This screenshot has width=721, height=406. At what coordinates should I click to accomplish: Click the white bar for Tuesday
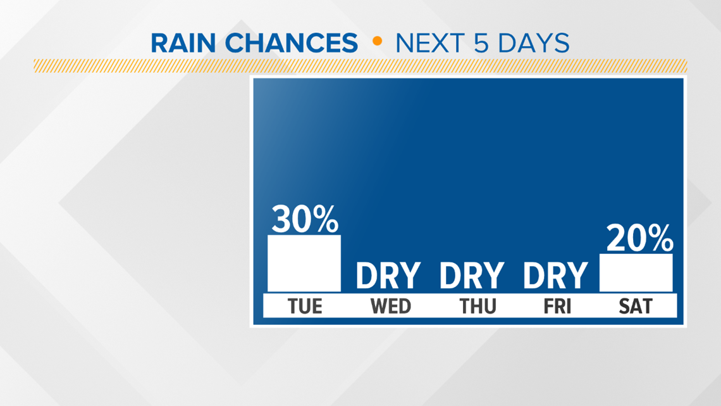click(x=304, y=263)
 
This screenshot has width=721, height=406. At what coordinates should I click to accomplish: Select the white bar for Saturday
click(x=636, y=272)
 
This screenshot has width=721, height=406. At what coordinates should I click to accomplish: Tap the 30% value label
click(x=305, y=219)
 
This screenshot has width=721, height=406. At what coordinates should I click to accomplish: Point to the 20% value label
click(x=639, y=238)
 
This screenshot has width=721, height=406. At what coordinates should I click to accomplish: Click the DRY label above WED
click(x=388, y=276)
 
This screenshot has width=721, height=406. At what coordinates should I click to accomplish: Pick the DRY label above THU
click(x=472, y=276)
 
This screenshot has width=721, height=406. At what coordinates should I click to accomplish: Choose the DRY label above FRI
click(x=555, y=276)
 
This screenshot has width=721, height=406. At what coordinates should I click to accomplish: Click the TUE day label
click(x=305, y=306)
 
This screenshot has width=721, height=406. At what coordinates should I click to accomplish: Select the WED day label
click(x=391, y=306)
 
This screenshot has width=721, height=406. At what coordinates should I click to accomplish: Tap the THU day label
click(x=478, y=306)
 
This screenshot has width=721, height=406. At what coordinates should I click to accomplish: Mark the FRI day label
click(x=557, y=306)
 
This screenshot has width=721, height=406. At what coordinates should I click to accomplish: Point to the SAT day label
click(x=636, y=306)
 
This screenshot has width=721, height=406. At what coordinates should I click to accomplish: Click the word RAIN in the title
click(x=183, y=43)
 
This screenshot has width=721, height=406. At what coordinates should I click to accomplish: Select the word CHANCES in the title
click(x=291, y=43)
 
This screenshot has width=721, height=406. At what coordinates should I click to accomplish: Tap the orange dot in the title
click(x=377, y=41)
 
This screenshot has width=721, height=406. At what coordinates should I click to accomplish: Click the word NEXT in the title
click(x=431, y=43)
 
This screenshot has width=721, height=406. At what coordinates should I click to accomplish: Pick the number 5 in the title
click(x=481, y=43)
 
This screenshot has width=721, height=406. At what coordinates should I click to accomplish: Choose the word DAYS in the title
click(x=534, y=43)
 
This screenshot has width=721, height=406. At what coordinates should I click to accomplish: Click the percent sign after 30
click(x=326, y=219)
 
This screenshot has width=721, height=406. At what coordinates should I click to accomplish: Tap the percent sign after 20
click(x=661, y=238)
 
